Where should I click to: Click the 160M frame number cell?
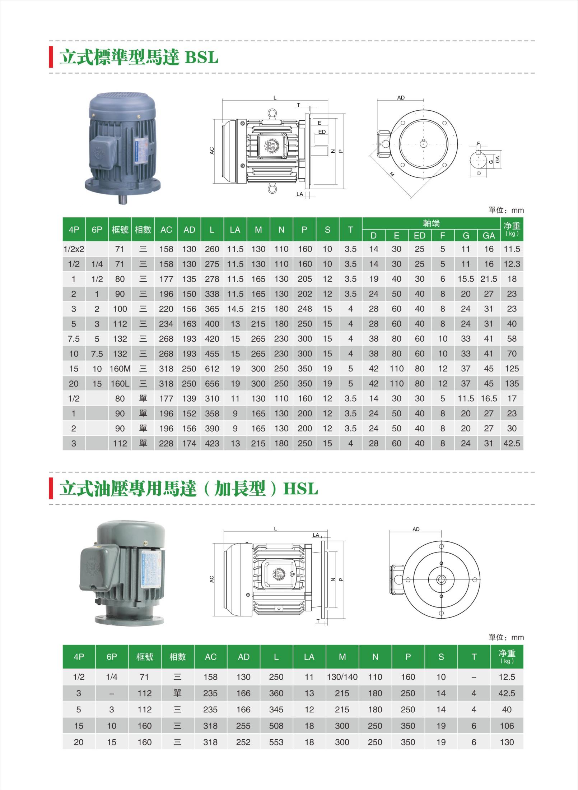(x=120, y=369)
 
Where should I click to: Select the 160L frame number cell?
(x=120, y=384)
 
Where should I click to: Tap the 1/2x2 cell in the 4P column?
(x=74, y=249)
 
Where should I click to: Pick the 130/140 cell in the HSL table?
(x=342, y=677)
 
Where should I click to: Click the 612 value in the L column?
(x=212, y=369)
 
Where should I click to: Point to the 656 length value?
(x=212, y=384)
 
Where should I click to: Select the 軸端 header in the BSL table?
(x=431, y=223)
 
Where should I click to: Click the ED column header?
(x=419, y=236)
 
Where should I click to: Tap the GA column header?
(x=489, y=236)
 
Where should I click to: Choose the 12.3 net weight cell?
(x=512, y=264)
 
